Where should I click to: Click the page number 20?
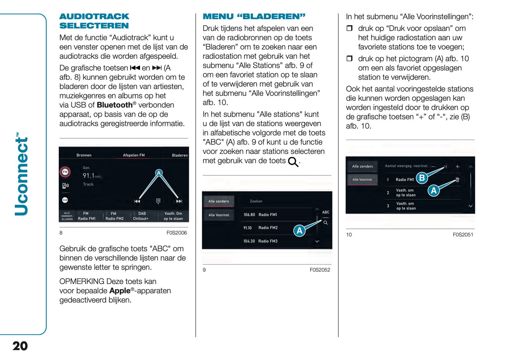20,346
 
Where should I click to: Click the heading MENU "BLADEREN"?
254,16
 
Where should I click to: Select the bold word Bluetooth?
115,105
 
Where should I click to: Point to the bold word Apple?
120,291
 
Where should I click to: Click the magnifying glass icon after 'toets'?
293,162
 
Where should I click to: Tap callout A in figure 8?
159,173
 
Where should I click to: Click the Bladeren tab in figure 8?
180,155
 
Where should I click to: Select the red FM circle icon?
65,172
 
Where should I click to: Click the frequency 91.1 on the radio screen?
89,175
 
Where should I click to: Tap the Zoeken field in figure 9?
256,201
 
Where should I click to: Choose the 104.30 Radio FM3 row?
260,241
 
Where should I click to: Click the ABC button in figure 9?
326,212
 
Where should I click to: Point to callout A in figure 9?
300,231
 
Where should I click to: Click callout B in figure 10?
422,178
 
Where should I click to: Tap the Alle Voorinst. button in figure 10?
362,180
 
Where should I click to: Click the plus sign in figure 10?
458,166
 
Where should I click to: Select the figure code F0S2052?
320,270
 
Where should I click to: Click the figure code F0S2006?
176,233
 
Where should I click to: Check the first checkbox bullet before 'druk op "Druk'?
349,28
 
